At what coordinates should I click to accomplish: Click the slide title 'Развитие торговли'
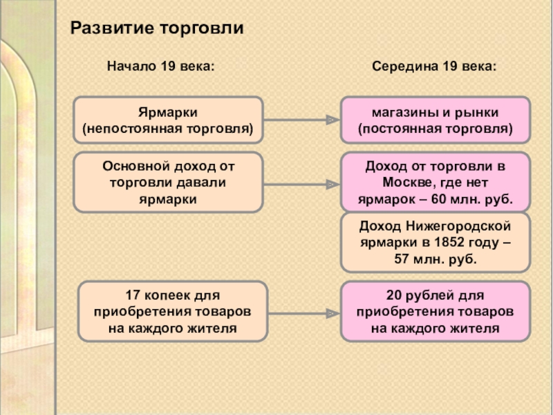click(158, 28)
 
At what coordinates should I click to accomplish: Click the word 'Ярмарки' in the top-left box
click(168, 112)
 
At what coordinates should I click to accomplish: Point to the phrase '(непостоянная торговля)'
click(168, 129)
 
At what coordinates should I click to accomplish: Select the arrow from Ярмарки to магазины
click(302, 120)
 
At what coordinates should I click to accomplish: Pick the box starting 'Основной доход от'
click(168, 183)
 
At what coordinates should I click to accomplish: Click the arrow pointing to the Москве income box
click(302, 185)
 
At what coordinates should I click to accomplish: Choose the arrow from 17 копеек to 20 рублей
click(302, 312)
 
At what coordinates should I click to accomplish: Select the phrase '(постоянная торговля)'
click(435, 129)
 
